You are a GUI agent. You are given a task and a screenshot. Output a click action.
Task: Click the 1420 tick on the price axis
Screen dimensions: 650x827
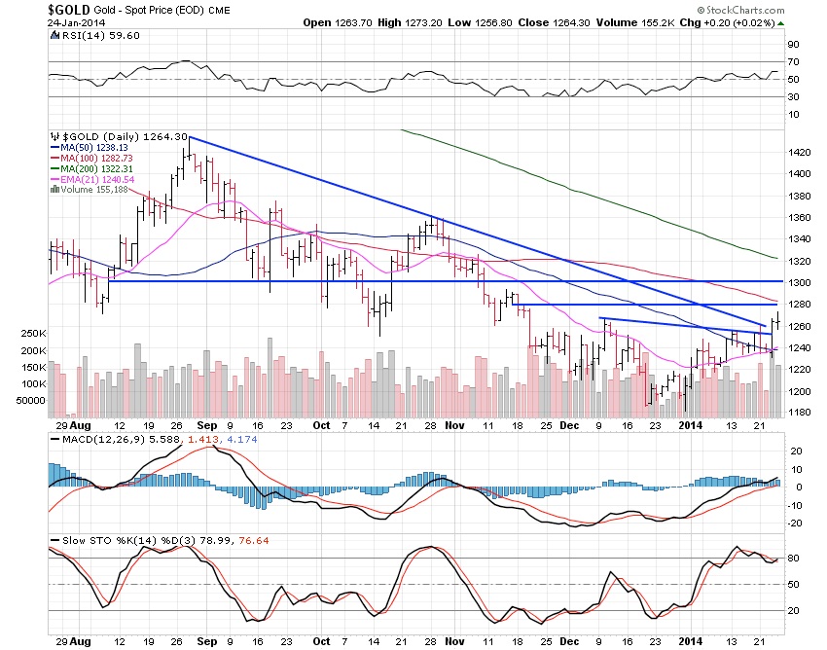[x=800, y=152]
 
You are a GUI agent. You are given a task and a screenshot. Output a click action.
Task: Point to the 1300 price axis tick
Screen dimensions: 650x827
[x=800, y=282]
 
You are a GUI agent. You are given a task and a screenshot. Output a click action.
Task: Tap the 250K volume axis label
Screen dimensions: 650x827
[x=30, y=334]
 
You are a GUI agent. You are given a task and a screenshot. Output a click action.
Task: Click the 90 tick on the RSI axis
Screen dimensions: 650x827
[x=794, y=45]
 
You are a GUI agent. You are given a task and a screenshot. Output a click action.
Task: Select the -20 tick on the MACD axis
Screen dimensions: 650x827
[x=796, y=524]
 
